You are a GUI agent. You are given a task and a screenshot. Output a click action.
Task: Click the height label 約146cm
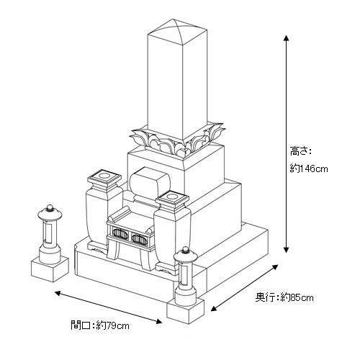pos(309,168)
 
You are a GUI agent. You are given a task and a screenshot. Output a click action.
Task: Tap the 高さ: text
pos(300,151)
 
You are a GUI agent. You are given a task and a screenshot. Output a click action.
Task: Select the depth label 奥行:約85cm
pos(284,297)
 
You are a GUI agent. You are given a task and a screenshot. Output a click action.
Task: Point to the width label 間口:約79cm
pos(100,325)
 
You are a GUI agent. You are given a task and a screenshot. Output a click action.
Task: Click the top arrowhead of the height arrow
pos(286,38)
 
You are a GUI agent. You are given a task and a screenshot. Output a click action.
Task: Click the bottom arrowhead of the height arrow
pos(286,250)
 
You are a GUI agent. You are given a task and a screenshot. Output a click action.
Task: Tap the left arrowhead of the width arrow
pos(58,293)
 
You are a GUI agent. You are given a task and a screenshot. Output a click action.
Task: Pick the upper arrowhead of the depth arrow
pos(275,267)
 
